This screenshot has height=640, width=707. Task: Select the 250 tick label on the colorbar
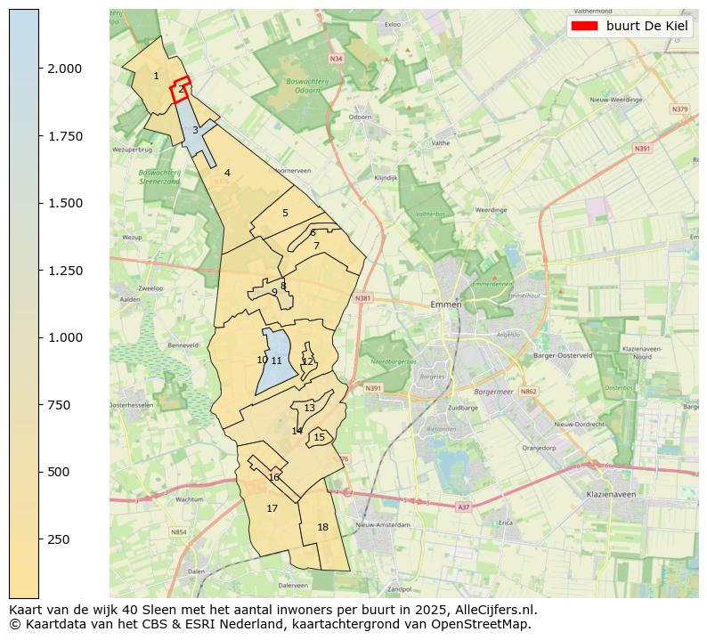point(59,539)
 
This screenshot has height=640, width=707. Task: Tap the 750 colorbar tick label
point(59,405)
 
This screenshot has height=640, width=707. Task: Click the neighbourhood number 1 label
point(156,77)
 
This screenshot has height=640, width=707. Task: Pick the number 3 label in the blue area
point(195,131)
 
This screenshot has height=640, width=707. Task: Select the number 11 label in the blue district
point(276,361)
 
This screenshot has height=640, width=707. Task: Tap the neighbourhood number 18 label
point(322,528)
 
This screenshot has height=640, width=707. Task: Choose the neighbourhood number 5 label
point(285,214)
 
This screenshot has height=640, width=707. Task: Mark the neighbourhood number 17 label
point(272,509)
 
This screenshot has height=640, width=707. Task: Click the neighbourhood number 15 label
point(319,438)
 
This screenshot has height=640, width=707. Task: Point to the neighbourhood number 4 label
point(227,174)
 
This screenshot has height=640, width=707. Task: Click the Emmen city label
point(445,304)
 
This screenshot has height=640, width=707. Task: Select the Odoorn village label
point(360,117)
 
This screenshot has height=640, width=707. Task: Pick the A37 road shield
point(462,506)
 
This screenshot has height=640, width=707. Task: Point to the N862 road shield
point(529,392)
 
